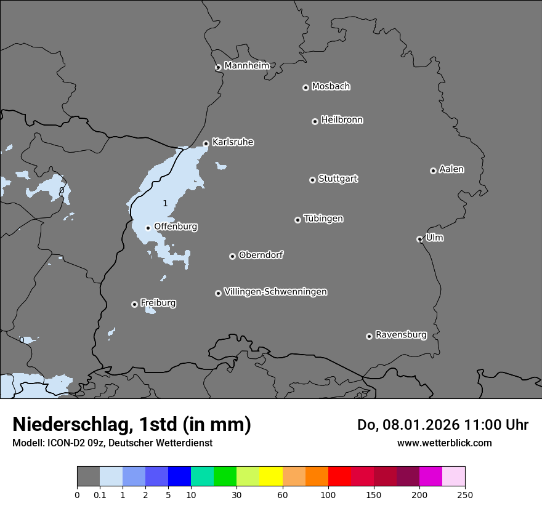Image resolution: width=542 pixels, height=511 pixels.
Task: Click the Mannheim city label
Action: click(x=246, y=65)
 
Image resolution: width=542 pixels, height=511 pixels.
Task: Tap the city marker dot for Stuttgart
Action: click(x=312, y=180)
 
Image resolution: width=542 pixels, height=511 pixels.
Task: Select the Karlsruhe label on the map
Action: click(x=233, y=142)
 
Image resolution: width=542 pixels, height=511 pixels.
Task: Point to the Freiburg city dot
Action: click(x=134, y=304)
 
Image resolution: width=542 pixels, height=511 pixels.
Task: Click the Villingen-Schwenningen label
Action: click(x=275, y=292)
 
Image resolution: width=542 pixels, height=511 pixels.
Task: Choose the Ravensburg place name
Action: click(x=401, y=335)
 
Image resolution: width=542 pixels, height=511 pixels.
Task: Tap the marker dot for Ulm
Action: click(x=419, y=239)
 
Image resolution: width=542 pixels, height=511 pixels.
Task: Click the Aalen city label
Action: click(x=451, y=169)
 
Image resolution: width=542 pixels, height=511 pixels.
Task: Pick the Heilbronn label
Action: click(x=342, y=120)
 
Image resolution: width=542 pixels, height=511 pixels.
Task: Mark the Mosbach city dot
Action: click(x=305, y=87)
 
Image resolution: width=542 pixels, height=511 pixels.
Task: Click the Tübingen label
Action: click(x=323, y=219)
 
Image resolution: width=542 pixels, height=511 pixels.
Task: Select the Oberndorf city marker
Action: click(x=232, y=256)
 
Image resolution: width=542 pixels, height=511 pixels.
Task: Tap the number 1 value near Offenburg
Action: click(x=165, y=203)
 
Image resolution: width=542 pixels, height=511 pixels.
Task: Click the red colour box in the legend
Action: click(x=339, y=477)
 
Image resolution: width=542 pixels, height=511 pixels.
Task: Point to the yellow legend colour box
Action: click(x=271, y=477)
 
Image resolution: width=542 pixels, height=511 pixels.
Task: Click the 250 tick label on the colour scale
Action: click(x=464, y=494)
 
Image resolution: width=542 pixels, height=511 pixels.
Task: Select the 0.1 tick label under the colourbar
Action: click(x=100, y=494)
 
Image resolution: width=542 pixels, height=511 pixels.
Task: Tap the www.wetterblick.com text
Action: click(x=444, y=443)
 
